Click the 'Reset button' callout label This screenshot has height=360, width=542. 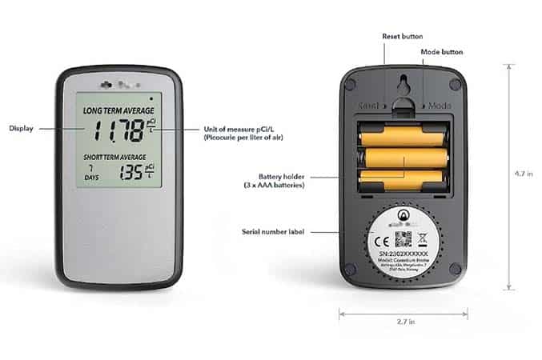click(x=402, y=36)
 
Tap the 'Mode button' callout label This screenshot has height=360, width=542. click(x=442, y=52)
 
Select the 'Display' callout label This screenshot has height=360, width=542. click(x=21, y=128)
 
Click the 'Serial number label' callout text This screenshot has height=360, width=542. click(x=274, y=232)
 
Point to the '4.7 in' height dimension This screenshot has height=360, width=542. click(x=525, y=172)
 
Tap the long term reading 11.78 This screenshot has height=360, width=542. click(x=118, y=130)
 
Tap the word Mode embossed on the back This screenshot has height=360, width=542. click(x=440, y=105)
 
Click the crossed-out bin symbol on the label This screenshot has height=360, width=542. click(x=424, y=238)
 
